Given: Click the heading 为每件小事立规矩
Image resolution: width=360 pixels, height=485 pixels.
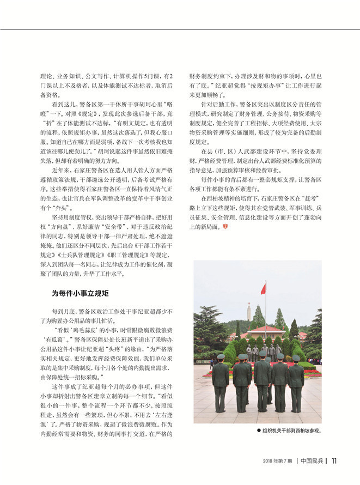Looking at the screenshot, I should click(82, 293).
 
